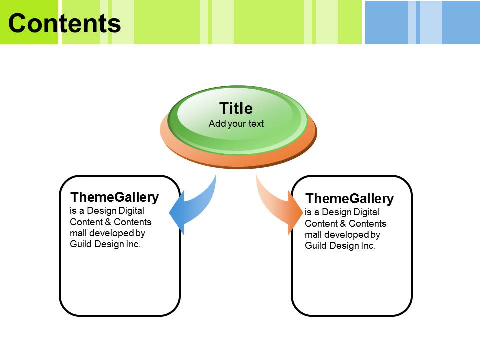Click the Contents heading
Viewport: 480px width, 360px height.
(65, 23)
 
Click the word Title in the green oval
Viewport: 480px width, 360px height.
(236, 108)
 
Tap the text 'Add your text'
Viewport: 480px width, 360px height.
(236, 123)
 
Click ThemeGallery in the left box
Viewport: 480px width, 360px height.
(115, 197)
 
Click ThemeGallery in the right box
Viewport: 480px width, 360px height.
(350, 199)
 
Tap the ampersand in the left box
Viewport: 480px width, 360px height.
(108, 222)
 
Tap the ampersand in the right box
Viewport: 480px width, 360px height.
(343, 223)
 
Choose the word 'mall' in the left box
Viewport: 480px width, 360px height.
(78, 233)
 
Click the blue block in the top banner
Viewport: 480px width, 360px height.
(422, 22)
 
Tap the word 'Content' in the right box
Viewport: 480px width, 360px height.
(321, 224)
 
